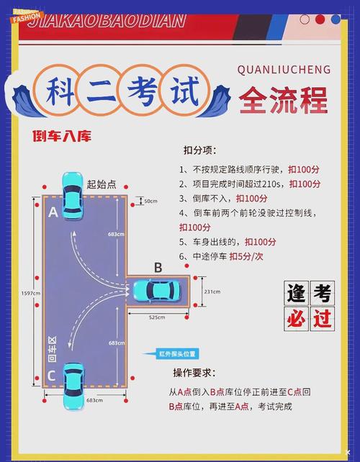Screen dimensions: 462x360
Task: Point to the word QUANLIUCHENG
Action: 283,70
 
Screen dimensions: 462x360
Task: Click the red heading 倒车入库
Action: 61,135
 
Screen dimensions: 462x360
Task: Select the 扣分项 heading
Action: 199,150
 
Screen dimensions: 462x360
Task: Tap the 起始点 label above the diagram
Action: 102,184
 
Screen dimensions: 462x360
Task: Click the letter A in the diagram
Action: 52,213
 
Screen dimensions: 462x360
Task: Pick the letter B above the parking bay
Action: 158,268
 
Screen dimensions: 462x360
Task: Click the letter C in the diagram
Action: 51,375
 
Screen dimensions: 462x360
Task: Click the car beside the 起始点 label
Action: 72,195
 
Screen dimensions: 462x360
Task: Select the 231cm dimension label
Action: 211,291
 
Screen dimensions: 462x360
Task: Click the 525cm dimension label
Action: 158,317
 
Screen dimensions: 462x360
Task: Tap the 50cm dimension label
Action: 150,201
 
